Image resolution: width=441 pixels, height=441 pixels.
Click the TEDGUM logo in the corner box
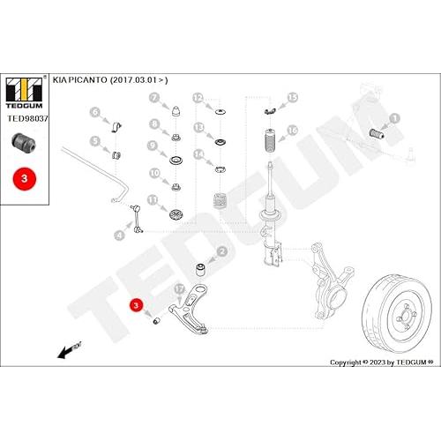click(25, 92)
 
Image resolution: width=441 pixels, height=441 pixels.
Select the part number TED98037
click(27, 118)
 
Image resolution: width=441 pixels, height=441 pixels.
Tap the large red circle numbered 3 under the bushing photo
click(25, 179)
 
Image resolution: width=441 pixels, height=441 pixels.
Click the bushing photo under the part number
click(24, 142)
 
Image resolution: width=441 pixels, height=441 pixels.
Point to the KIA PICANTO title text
click(110, 80)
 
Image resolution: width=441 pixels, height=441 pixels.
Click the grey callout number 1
click(394, 118)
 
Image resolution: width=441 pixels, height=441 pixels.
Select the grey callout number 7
click(154, 97)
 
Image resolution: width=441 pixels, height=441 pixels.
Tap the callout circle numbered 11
click(153, 200)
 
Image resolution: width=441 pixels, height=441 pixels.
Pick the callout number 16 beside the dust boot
click(293, 131)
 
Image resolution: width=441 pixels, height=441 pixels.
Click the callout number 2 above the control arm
click(222, 251)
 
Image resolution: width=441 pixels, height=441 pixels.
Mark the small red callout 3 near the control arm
click(136, 305)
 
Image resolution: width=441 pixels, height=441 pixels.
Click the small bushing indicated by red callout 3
click(157, 321)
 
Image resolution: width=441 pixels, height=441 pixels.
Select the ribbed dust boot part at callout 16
click(270, 140)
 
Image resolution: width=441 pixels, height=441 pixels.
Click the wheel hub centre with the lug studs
click(407, 318)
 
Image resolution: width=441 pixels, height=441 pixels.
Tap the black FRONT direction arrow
click(69, 350)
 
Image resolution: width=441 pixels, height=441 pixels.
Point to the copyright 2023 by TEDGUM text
click(382, 363)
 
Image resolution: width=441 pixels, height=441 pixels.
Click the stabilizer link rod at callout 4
click(137, 219)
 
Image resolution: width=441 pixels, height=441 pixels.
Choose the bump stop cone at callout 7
click(176, 111)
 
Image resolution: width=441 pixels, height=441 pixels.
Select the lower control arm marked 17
click(189, 310)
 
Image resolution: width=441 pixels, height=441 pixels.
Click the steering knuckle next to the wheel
click(329, 282)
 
